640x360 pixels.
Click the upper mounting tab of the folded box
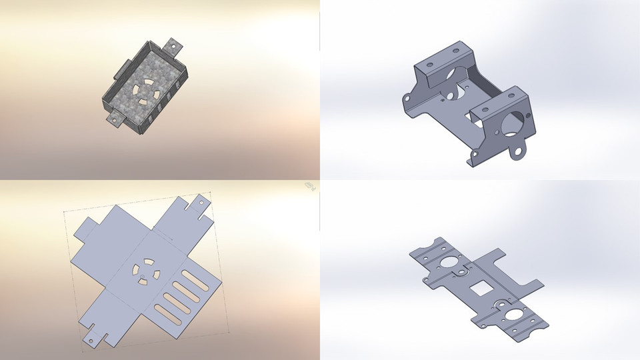coord(175,46)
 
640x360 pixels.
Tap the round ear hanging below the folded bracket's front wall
coord(517,153)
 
